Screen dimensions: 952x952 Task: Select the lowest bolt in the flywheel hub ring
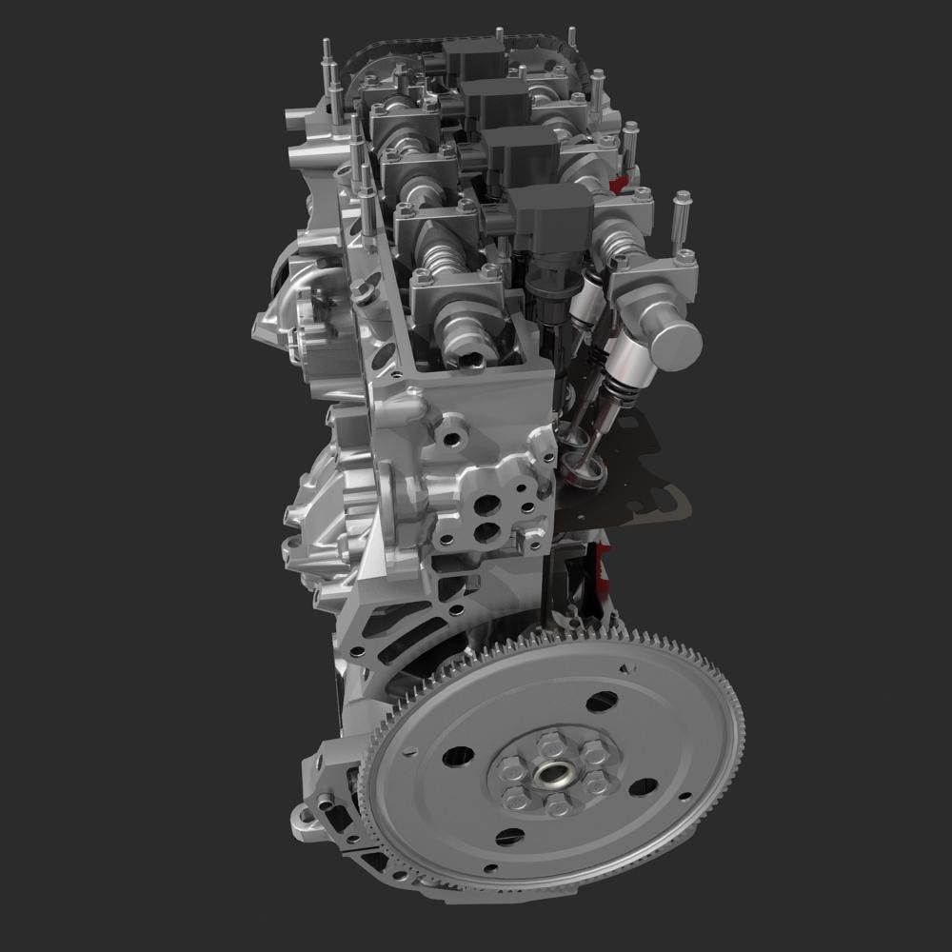[557, 805]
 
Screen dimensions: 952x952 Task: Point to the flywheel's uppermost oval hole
[601, 703]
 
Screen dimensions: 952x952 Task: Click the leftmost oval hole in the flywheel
[458, 756]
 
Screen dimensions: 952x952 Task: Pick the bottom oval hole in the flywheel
[509, 837]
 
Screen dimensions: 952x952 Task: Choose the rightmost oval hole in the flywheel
[644, 787]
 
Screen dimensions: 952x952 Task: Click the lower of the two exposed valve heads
[582, 467]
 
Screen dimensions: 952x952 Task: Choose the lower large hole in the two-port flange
[485, 531]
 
